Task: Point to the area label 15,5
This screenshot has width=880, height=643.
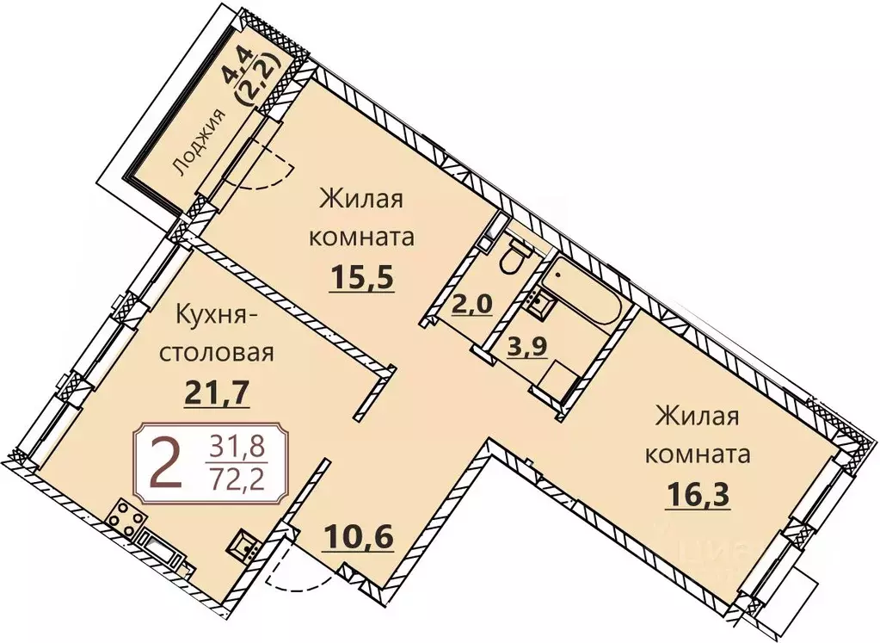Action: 360,278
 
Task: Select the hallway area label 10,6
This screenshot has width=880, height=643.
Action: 360,538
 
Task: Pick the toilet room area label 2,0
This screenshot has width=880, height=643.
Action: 471,303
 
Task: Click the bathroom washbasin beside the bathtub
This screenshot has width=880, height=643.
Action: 538,301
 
